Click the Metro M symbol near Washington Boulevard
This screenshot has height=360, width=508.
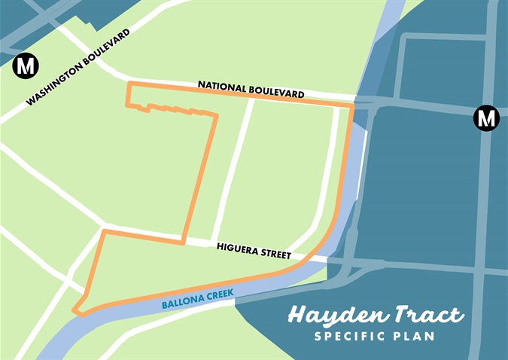(26, 66)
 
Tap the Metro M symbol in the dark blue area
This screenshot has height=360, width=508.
(486, 118)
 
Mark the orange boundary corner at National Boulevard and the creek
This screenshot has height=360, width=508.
(352, 106)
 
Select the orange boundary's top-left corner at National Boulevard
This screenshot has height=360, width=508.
(129, 83)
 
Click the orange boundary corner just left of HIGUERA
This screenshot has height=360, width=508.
(183, 243)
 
